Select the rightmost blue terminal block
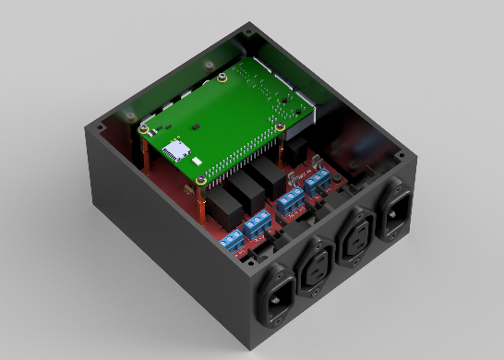click(x=317, y=183)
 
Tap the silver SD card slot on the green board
click(x=175, y=148)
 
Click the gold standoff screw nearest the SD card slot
click(x=143, y=130)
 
